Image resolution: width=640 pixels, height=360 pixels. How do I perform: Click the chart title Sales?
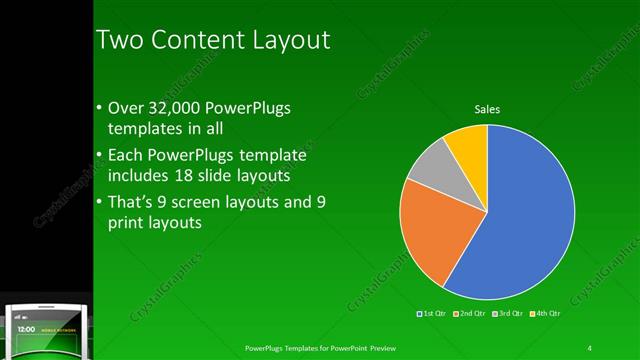point(487,109)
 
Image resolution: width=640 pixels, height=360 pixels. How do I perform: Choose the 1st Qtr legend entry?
point(432,314)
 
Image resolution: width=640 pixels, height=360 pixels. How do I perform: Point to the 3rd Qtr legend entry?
point(508,314)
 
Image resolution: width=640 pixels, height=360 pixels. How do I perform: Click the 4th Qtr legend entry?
point(546,314)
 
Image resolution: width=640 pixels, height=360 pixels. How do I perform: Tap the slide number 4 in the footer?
point(590,348)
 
